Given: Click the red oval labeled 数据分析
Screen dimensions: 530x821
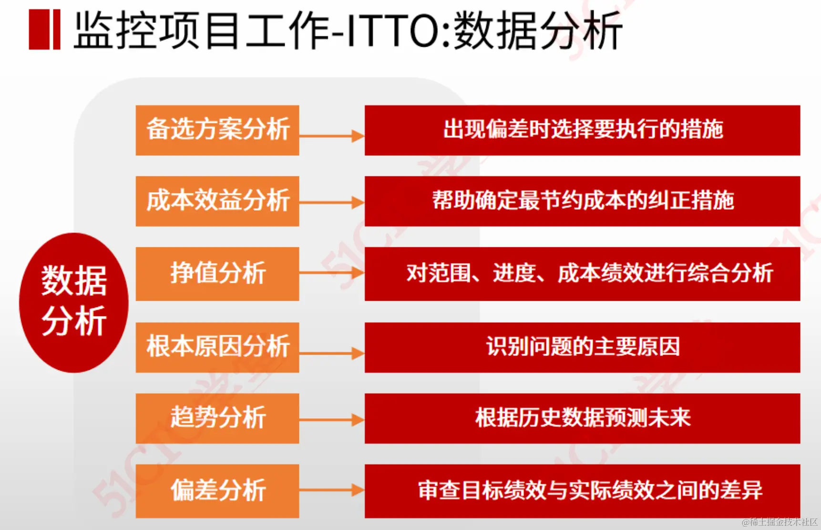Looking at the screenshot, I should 73,302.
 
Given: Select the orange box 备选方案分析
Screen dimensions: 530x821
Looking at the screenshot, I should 217,130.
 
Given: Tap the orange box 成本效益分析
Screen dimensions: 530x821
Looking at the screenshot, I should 217,201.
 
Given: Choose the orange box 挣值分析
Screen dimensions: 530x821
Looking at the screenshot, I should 217,274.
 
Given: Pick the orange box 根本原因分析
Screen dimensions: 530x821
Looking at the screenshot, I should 217,347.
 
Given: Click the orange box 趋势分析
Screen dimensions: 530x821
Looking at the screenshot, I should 217,418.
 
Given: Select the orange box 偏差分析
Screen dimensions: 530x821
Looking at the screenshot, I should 217,490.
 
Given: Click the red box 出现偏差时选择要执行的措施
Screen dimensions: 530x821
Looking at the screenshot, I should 582,130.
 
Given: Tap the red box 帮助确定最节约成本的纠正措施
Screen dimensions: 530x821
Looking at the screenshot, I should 582,201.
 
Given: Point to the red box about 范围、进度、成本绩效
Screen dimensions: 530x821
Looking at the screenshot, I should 582,274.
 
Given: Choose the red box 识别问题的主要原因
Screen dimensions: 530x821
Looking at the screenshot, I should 582,347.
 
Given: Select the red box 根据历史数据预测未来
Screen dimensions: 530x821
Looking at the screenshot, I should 582,418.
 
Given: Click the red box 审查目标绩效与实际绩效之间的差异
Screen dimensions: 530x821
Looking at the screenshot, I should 582,490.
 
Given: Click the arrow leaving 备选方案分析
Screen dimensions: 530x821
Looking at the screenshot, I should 332,136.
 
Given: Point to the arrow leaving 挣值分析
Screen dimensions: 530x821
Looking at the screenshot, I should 332,273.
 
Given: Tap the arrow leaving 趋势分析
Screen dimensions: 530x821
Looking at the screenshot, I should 332,420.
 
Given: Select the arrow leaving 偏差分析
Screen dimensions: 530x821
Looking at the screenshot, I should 332,490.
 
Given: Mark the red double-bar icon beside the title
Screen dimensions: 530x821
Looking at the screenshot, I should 44,30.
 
